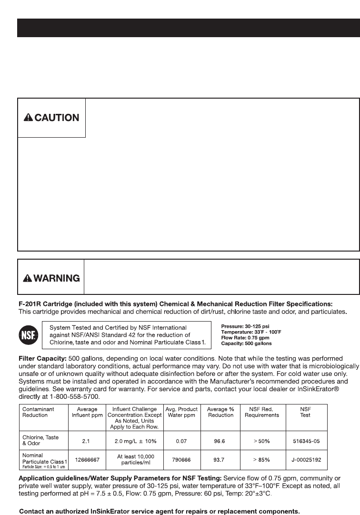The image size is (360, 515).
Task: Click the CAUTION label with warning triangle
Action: (51, 118)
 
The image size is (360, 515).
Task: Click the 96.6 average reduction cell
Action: (220, 442)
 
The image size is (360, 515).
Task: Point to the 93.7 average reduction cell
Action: (220, 461)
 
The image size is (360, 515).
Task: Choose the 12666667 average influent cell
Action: (86, 461)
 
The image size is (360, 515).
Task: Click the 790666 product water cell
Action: (181, 461)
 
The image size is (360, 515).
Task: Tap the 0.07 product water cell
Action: (181, 442)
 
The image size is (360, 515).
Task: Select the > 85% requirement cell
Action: (261, 461)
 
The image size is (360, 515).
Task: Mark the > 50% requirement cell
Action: (261, 442)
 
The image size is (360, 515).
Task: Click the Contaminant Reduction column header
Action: (39, 412)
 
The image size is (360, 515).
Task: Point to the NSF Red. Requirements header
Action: (261, 412)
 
